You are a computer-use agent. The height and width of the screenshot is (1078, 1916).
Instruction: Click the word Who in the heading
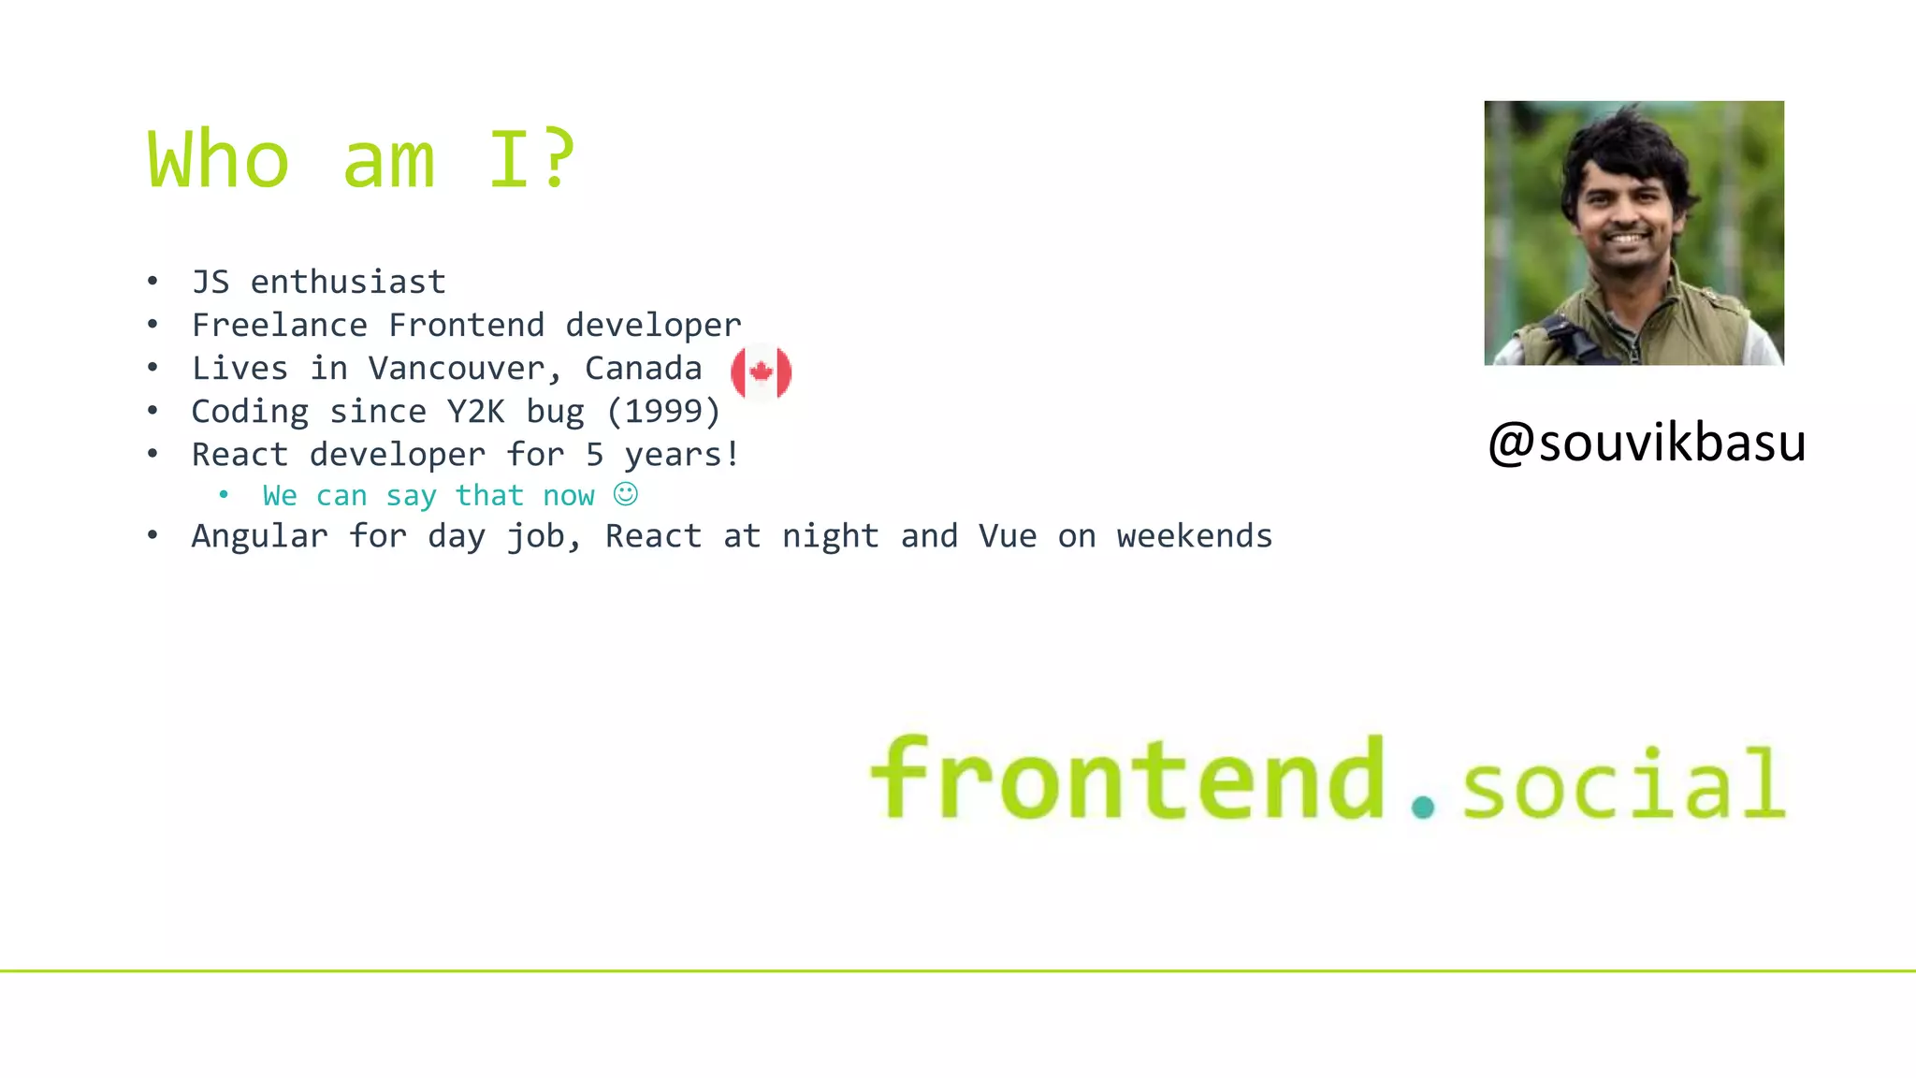pos(218,159)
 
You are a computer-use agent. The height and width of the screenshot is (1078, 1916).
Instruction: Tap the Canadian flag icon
pos(761,372)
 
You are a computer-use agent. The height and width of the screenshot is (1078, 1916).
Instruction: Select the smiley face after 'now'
pos(626,494)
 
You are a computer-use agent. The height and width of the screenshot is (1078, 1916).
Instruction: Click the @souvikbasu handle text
pos(1646,443)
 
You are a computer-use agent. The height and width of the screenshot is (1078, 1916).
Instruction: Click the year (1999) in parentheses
pos(663,412)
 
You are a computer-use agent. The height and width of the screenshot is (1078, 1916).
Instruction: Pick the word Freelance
pos(279,326)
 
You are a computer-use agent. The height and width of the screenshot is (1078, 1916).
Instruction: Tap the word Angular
pos(259,536)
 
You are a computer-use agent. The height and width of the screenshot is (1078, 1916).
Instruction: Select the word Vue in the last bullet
pos(1007,536)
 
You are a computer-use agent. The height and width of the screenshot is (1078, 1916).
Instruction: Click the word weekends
pos(1194,536)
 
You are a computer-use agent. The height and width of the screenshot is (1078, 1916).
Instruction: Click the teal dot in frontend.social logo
pos(1423,807)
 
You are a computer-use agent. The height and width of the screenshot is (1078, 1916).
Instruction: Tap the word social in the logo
pos(1623,784)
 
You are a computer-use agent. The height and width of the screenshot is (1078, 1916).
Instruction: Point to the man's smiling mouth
pos(1627,239)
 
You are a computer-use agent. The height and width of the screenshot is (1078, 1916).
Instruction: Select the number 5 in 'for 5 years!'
pos(594,455)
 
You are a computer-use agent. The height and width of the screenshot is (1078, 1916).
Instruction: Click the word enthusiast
pos(348,283)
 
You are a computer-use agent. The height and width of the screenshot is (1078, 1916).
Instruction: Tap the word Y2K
pos(475,412)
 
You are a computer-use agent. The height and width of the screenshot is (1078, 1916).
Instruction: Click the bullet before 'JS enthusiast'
pos(152,282)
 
